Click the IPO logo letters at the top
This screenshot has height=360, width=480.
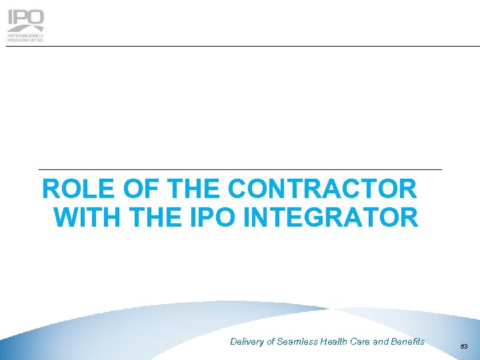(x=25, y=21)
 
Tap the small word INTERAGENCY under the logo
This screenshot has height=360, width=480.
(x=25, y=35)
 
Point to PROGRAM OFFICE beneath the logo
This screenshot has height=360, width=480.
(x=25, y=40)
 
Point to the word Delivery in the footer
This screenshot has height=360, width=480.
(x=247, y=342)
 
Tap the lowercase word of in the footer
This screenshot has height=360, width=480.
(x=271, y=342)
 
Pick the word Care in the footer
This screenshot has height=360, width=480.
(x=363, y=342)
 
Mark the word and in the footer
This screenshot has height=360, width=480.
(x=382, y=342)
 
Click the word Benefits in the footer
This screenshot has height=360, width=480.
(x=408, y=342)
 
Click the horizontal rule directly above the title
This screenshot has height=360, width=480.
(x=240, y=170)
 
